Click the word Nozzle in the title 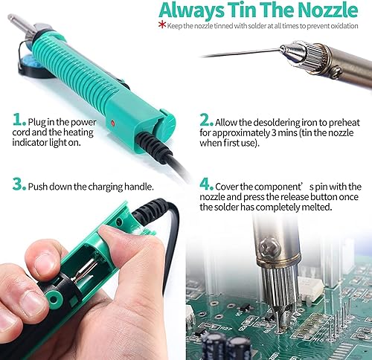point(327,10)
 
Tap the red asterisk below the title point(162,25)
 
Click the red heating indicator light point(113,123)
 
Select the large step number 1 point(19,120)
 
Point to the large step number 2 point(206,120)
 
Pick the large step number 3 point(19,184)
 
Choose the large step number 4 point(206,184)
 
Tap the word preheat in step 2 point(344,123)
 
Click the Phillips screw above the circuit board point(270,247)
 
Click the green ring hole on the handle point(54,299)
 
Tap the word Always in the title point(191,11)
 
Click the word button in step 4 point(324,197)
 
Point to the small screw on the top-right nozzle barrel point(338,72)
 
